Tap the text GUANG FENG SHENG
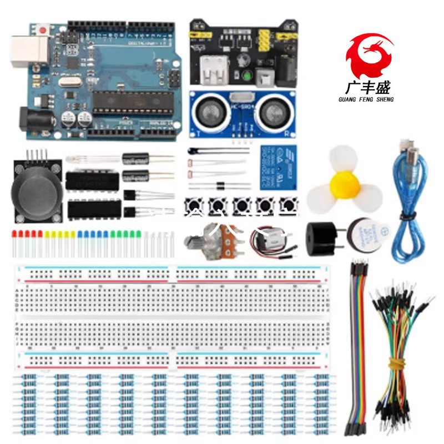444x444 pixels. pyautogui.click(x=369, y=99)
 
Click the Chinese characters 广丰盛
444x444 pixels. pyautogui.click(x=369, y=87)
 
